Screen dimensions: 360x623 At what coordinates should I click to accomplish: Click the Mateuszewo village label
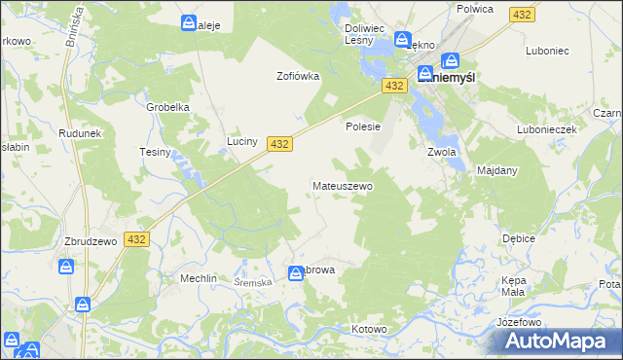point(342,185)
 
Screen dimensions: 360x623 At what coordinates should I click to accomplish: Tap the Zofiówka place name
point(298,76)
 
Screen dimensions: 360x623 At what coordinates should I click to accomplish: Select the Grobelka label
point(166,107)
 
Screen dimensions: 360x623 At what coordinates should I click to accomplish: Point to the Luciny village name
point(242,141)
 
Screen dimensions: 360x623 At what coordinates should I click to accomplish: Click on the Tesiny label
point(155,152)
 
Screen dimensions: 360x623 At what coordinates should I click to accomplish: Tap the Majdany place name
point(497,170)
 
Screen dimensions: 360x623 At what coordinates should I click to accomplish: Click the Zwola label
point(442,152)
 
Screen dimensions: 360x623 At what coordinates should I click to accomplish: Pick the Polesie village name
point(362,126)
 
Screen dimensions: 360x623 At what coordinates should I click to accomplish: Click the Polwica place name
point(475,9)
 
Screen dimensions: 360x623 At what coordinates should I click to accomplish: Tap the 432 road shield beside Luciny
point(278,143)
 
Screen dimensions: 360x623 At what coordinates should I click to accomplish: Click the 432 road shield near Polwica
point(522,15)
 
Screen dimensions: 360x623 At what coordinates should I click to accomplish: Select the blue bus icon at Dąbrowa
point(295,274)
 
